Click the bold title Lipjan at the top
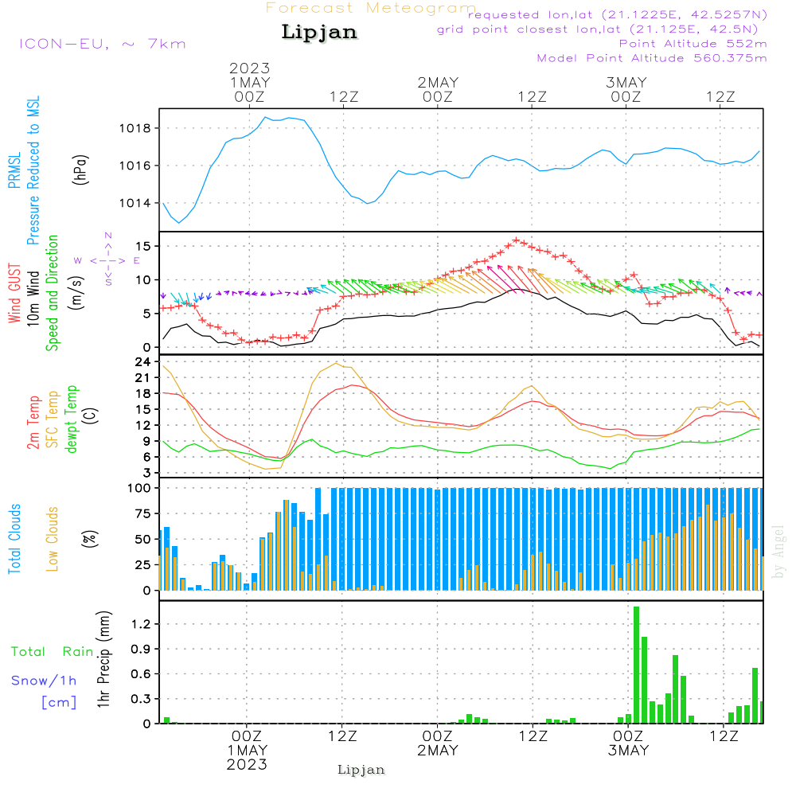pos(319,32)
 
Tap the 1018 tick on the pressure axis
pos(135,128)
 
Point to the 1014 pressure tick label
pos(135,204)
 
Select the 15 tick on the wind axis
pos(143,246)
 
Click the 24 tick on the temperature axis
pos(142,362)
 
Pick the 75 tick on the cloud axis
pos(142,513)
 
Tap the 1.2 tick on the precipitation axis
pos(141,624)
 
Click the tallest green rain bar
pos(636,665)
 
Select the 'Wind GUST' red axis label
pos(14,293)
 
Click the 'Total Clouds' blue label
pos(14,539)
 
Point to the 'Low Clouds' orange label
pos(53,539)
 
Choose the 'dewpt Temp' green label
pos(71,419)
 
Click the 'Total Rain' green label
pos(53,652)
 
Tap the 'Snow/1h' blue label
pos(44,681)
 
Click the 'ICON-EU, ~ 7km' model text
pos(103,44)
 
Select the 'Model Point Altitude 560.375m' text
pos(652,58)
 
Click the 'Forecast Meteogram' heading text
pos(371,8)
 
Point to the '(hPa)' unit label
pos(80,170)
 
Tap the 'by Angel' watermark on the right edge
pos(778,552)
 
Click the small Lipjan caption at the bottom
pos(361,770)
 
